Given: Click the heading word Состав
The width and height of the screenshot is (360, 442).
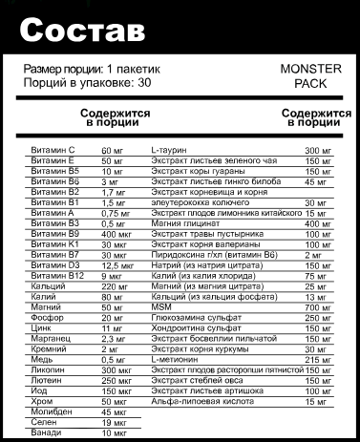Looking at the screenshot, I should pos(81,31).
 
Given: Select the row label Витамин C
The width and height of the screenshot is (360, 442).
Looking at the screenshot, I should pos(52,151).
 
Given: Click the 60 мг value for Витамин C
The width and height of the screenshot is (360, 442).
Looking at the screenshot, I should pos(113,151).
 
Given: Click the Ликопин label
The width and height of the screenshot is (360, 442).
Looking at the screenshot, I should pos(48,368).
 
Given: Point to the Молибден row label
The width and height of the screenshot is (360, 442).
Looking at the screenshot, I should pos(51,410).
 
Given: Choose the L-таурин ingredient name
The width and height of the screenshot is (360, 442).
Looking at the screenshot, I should pos(169,151).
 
